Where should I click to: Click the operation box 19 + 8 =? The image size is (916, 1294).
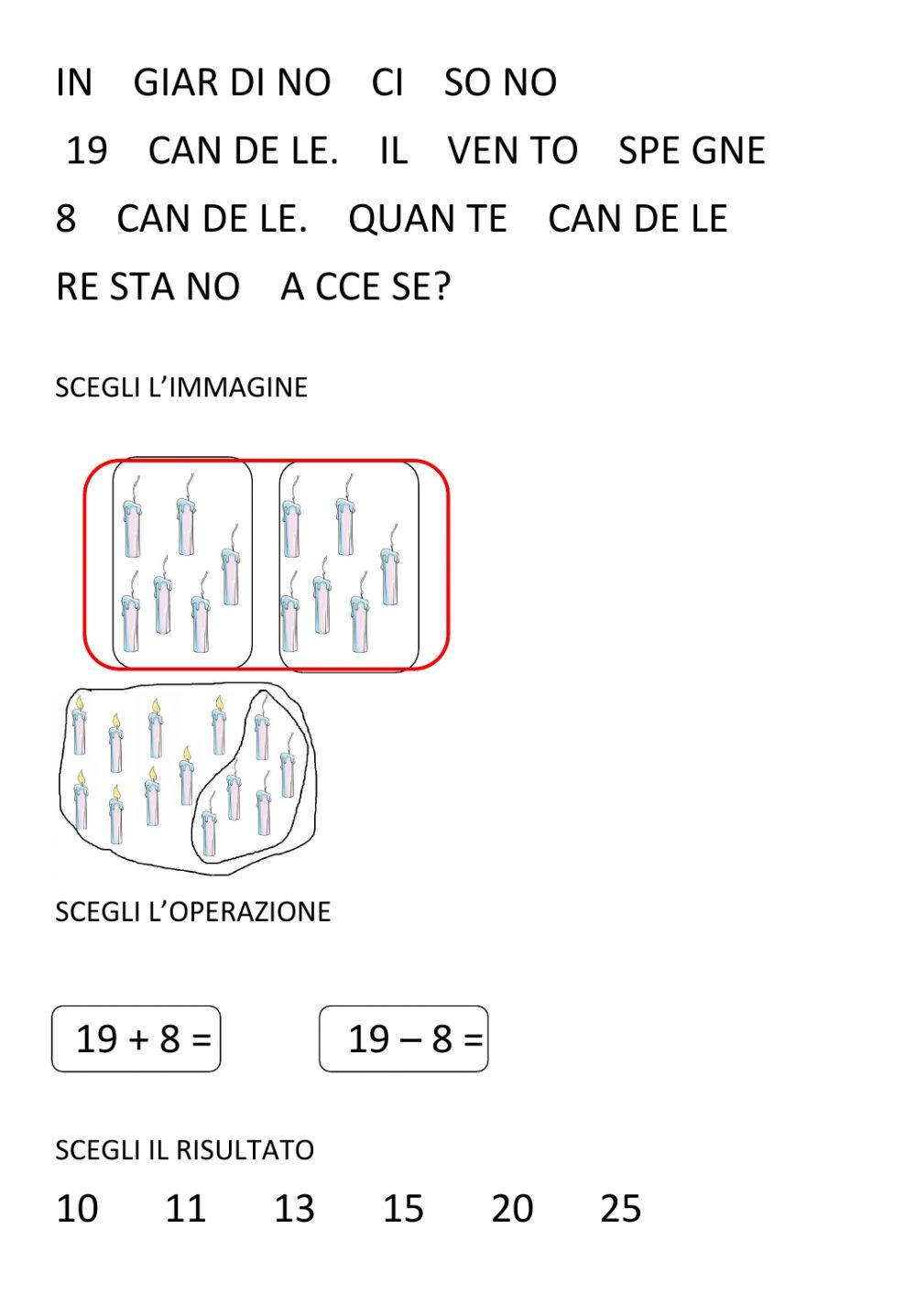click(x=136, y=1038)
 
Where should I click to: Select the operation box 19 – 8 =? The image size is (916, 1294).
click(x=404, y=1038)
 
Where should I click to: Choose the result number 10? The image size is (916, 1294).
click(x=77, y=1208)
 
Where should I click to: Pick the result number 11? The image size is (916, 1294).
click(x=185, y=1208)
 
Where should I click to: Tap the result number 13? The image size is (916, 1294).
click(x=294, y=1208)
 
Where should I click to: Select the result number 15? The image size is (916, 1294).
click(x=403, y=1208)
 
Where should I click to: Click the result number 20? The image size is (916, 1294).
click(x=512, y=1208)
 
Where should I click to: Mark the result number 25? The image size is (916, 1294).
click(x=620, y=1208)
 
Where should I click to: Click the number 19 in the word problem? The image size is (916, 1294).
click(x=87, y=150)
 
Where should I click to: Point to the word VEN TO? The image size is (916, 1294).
click(x=513, y=150)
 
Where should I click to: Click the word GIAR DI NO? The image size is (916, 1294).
click(x=232, y=82)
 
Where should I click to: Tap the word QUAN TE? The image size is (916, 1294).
click(x=428, y=219)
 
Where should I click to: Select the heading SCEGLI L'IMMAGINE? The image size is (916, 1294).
click(x=181, y=386)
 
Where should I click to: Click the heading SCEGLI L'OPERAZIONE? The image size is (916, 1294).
click(x=192, y=911)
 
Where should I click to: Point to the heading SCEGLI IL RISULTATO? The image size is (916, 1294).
click(x=184, y=1149)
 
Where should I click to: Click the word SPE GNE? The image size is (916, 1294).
click(x=692, y=150)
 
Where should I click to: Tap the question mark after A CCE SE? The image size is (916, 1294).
click(x=442, y=287)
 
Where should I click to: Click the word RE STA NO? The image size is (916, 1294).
click(x=147, y=287)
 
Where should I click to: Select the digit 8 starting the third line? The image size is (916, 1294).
click(x=66, y=219)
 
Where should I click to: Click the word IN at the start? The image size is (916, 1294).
click(x=74, y=82)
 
